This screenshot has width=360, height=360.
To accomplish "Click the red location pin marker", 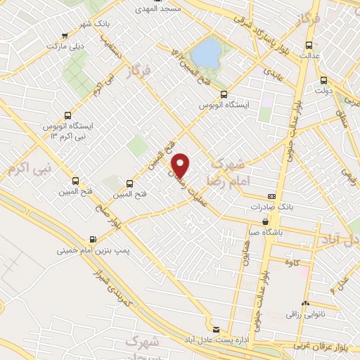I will pos(181,165).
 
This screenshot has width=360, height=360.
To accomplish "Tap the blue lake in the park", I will pos(206,51).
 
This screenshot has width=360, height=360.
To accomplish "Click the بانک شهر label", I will pos(78,25).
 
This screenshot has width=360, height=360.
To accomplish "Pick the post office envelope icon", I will pos(217,329).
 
